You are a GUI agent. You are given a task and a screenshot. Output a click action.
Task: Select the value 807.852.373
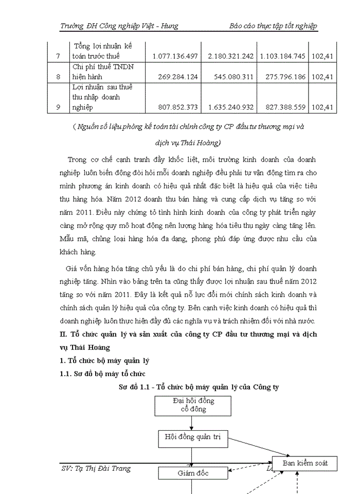(175, 107)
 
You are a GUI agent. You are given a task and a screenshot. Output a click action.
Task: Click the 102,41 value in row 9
(323, 107)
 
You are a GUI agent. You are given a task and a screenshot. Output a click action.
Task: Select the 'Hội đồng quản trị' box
(192, 437)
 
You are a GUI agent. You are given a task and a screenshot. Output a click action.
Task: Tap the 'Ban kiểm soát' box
(300, 464)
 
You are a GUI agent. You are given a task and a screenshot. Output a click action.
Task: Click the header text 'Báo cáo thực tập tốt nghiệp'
(273, 26)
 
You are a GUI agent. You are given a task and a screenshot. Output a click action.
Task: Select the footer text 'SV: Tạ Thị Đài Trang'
(96, 468)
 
